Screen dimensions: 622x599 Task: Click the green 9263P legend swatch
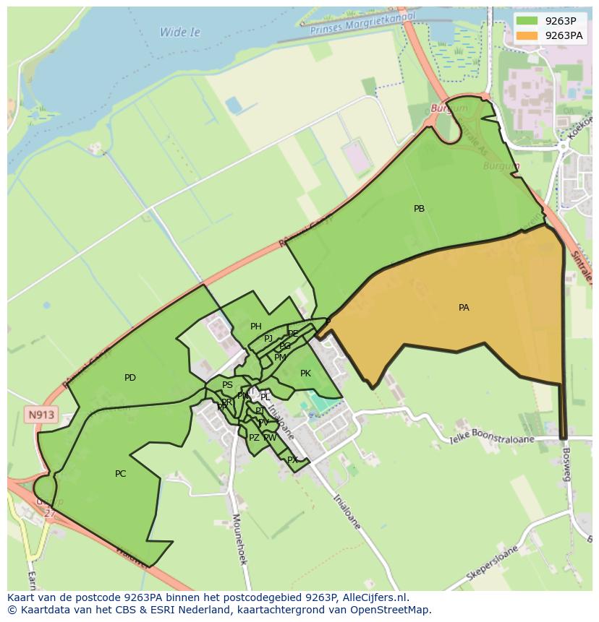pyautogui.click(x=527, y=21)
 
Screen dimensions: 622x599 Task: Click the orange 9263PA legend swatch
pyautogui.click(x=527, y=35)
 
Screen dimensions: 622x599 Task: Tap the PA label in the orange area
pyautogui.click(x=464, y=308)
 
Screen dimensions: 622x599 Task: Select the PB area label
pyautogui.click(x=419, y=209)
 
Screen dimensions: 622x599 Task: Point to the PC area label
pyautogui.click(x=121, y=474)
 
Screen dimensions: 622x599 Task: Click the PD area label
pyautogui.click(x=130, y=378)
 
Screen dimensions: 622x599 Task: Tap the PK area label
pyautogui.click(x=305, y=373)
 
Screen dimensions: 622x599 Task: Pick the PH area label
pyautogui.click(x=255, y=327)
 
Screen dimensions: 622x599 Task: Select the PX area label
pyautogui.click(x=292, y=460)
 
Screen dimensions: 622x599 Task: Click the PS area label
pyautogui.click(x=227, y=385)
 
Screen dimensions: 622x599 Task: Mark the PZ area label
pyautogui.click(x=254, y=438)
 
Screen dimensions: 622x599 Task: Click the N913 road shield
pyautogui.click(x=40, y=415)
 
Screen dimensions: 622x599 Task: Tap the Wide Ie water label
pyautogui.click(x=180, y=33)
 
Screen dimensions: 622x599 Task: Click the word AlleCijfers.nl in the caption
pyautogui.click(x=375, y=597)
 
